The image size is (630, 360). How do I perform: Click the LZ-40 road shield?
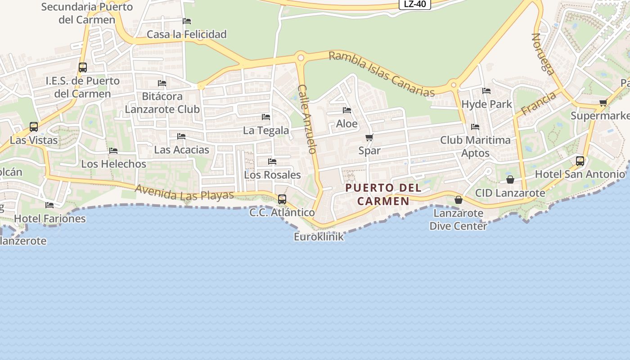click(x=415, y=4)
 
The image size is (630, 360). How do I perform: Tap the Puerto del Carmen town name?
click(x=384, y=194)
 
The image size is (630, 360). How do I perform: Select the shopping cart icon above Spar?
click(x=369, y=137)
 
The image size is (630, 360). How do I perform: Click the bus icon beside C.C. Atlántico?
click(x=282, y=199)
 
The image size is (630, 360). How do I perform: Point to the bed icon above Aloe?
click(x=347, y=110)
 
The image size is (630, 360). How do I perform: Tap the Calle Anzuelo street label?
click(x=308, y=119)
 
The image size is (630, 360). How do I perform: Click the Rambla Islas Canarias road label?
click(x=382, y=74)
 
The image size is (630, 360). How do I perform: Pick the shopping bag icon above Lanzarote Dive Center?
click(x=459, y=199)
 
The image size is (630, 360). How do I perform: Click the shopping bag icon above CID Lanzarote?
click(x=510, y=180)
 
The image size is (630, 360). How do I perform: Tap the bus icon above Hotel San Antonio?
click(x=580, y=161)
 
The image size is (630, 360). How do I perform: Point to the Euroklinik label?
click(x=319, y=237)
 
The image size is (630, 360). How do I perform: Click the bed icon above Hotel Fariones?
click(x=49, y=205)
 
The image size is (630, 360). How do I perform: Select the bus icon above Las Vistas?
click(x=34, y=126)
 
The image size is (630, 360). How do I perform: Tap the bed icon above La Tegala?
click(x=266, y=117)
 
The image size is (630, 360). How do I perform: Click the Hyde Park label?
click(x=487, y=104)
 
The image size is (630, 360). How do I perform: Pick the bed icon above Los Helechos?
click(x=113, y=151)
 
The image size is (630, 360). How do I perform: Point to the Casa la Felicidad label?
click(x=187, y=34)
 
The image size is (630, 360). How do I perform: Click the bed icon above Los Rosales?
click(x=272, y=161)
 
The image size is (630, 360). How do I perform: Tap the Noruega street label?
click(x=543, y=53)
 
